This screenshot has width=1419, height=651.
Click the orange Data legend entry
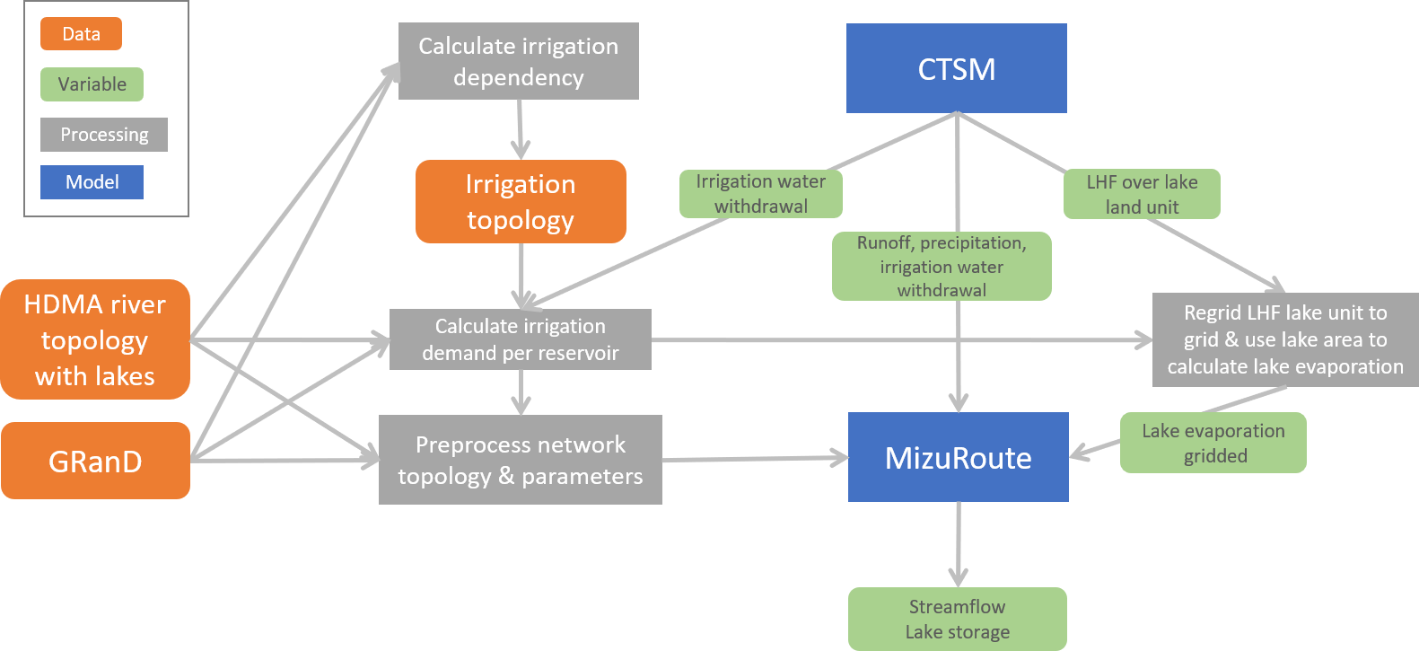81,34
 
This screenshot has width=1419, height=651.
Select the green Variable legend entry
92,84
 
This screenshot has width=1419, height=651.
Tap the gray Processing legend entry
104,135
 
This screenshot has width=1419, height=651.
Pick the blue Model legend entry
92,182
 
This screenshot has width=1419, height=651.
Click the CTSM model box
956,68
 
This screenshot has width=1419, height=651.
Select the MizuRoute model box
958,457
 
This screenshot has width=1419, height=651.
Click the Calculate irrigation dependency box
518,61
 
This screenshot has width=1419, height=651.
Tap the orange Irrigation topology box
521,201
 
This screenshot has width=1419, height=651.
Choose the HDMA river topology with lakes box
95,339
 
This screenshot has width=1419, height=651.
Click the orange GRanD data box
95,461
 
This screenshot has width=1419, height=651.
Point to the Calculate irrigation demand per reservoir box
520,339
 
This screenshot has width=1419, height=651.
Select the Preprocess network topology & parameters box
520,460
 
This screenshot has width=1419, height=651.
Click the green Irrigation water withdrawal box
760,194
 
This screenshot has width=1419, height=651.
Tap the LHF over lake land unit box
1142,194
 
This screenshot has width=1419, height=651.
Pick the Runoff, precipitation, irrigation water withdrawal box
942,266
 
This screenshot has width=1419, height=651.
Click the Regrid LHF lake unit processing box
1285,339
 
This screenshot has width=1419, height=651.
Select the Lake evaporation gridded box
1213,443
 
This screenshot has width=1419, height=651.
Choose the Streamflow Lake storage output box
957,619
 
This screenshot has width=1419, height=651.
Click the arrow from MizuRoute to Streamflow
959,543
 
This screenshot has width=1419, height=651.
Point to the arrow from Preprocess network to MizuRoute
754,459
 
